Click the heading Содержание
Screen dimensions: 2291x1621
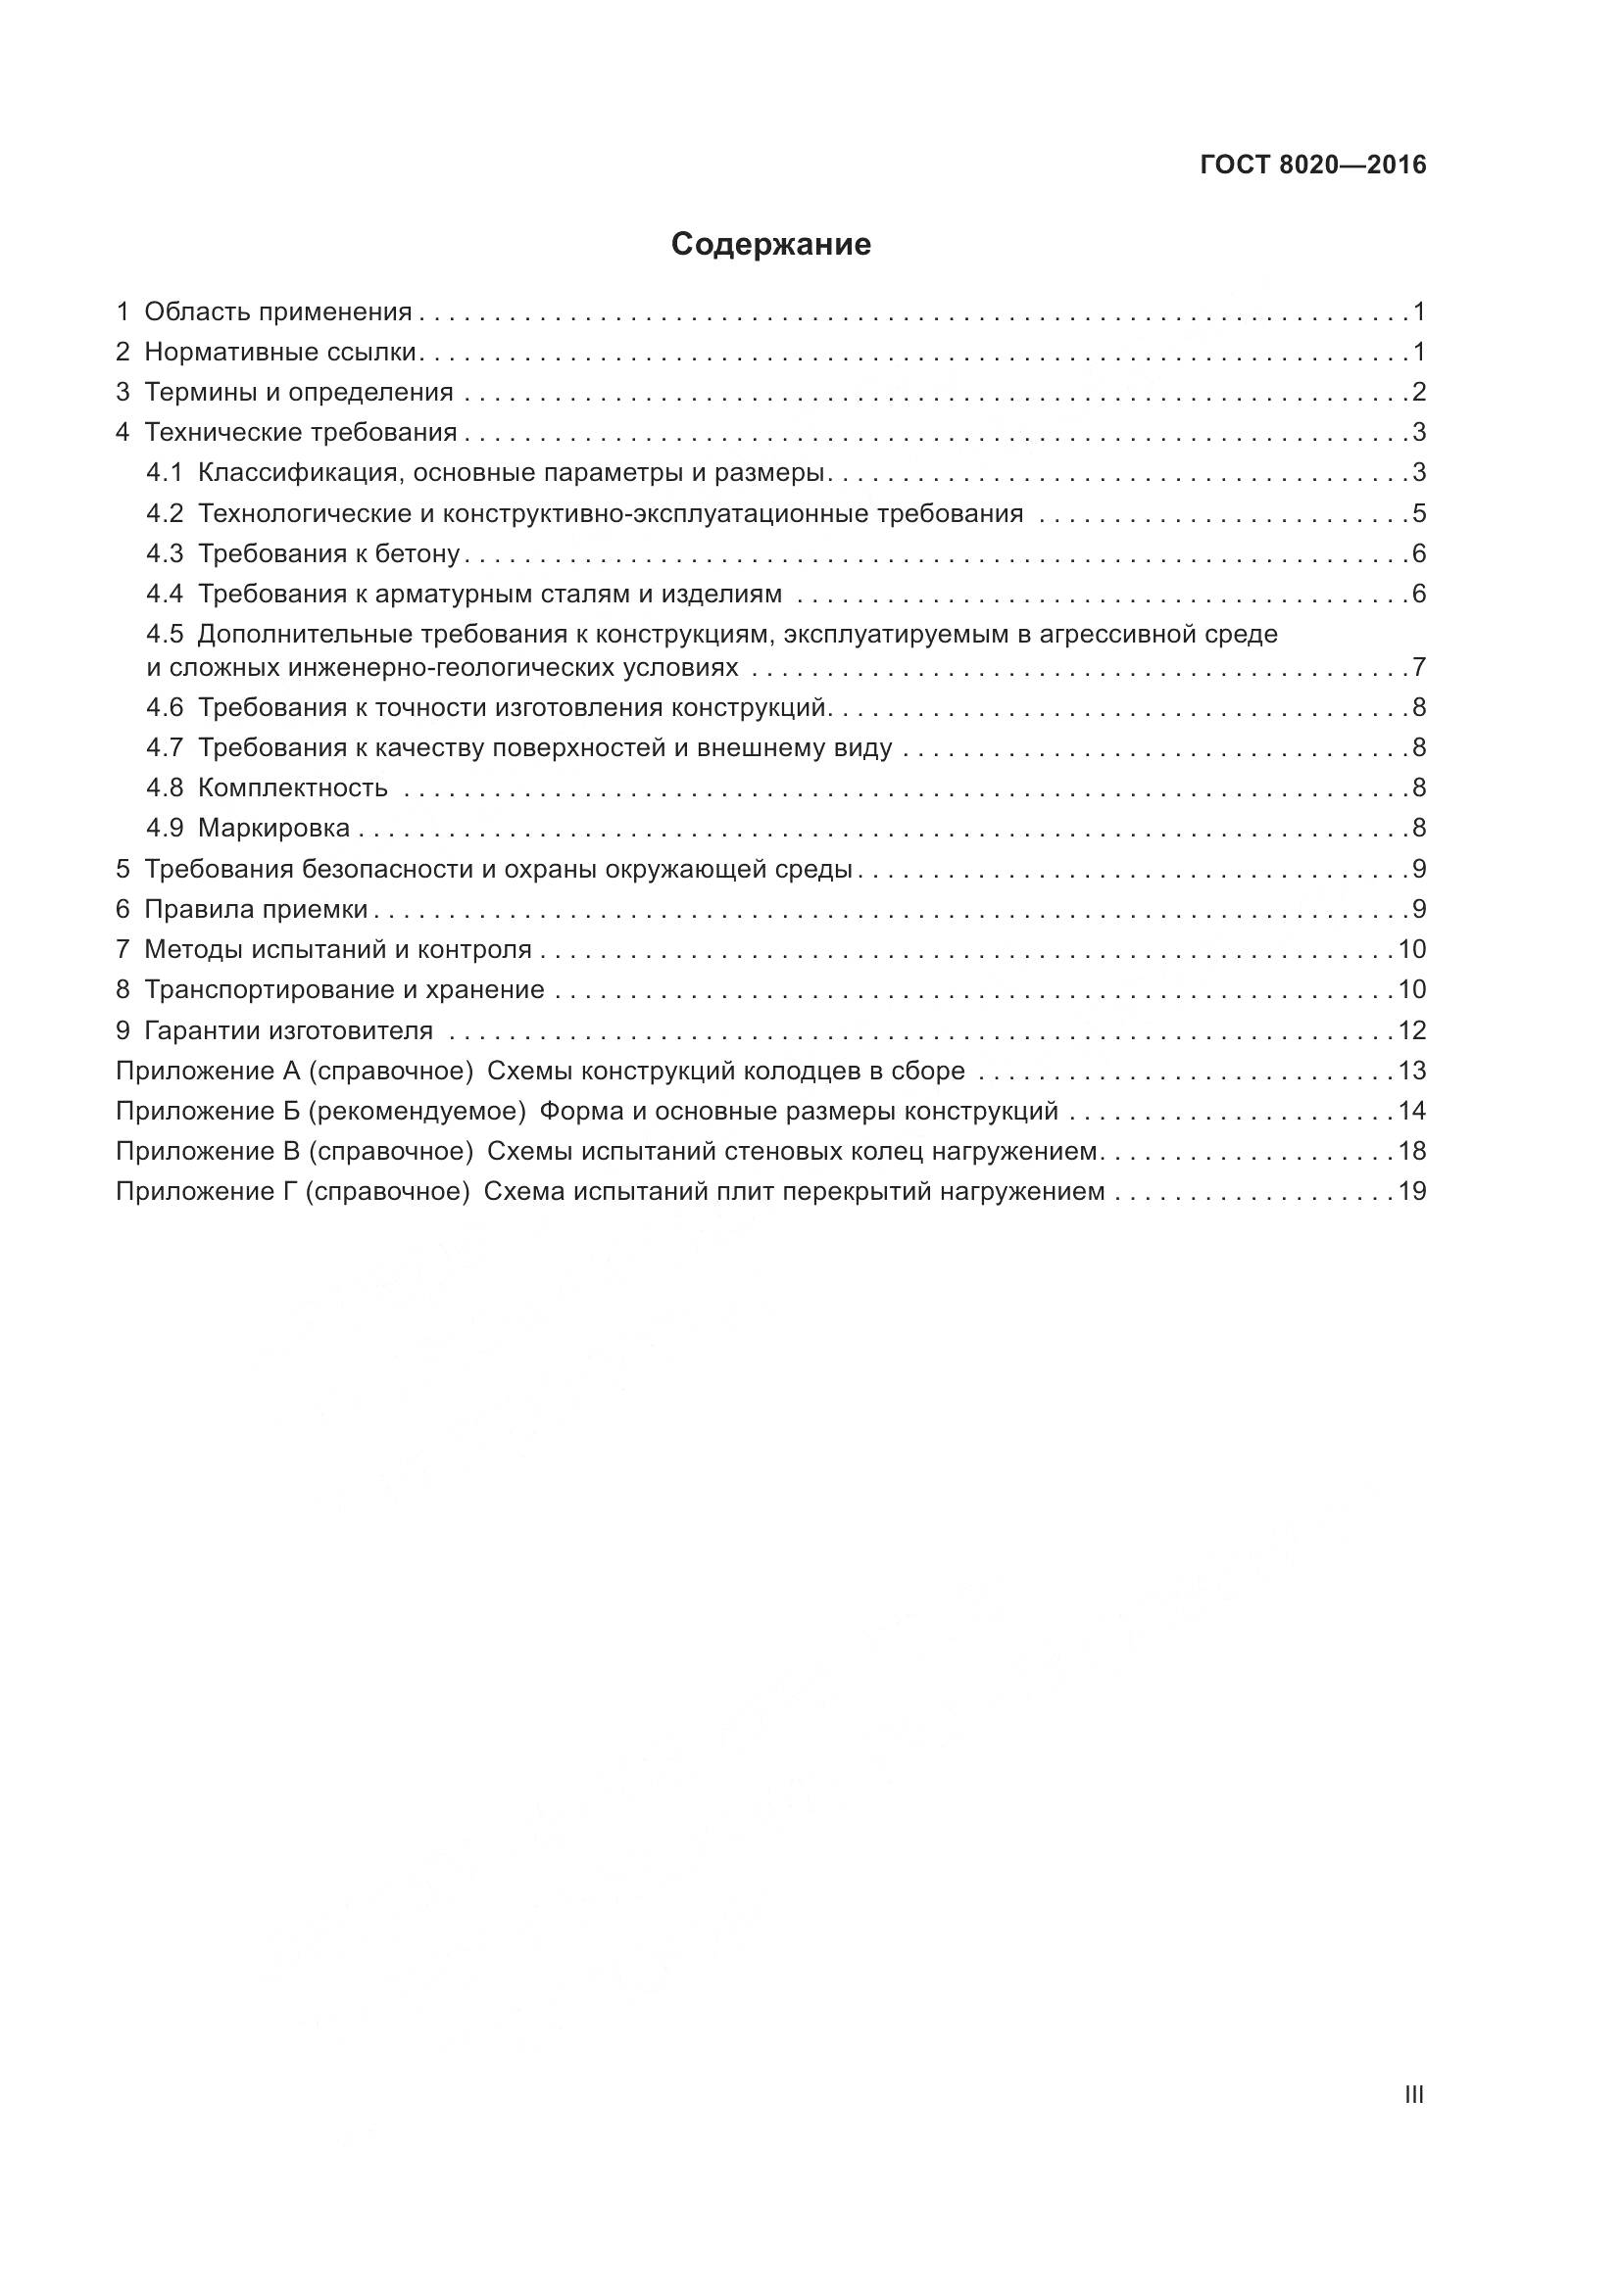(770, 245)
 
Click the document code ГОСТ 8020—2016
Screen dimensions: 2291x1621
(1312, 166)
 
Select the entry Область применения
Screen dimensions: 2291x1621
(277, 312)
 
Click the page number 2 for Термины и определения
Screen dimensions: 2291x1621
(1418, 392)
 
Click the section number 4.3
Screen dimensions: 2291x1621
(165, 553)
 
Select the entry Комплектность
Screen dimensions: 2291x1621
(292, 788)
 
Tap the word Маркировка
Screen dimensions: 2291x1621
(273, 829)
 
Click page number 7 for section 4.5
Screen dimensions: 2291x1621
(1418, 667)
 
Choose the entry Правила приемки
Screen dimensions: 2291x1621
(257, 909)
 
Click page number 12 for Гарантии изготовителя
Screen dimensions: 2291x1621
(1411, 1029)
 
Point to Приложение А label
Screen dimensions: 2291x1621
(208, 1071)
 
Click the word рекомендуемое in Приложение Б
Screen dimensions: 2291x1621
(417, 1112)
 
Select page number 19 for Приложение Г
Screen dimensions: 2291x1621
(1411, 1191)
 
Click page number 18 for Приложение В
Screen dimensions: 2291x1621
(1411, 1152)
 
